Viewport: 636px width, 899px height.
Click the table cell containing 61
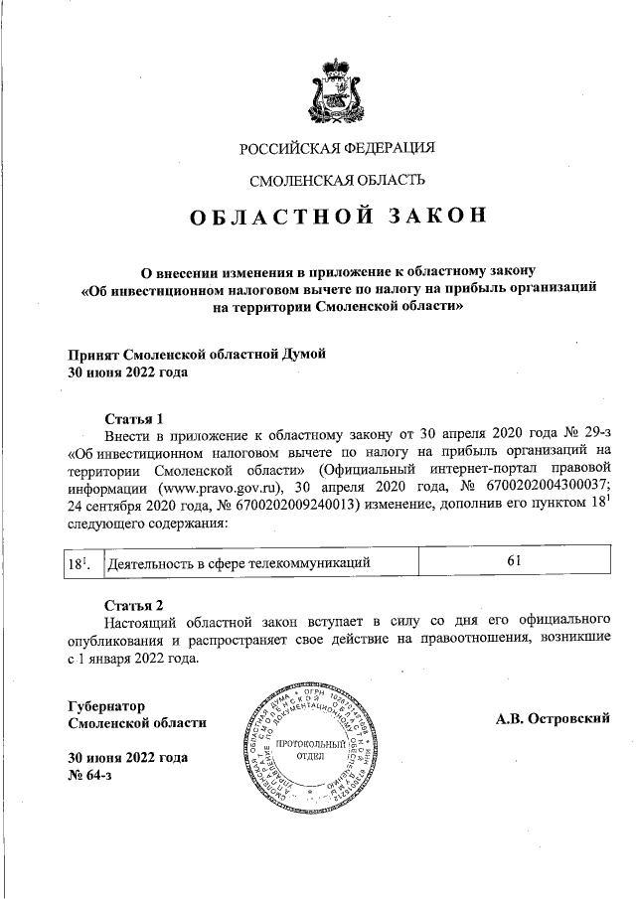514,562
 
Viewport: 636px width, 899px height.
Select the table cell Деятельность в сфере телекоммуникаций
238,563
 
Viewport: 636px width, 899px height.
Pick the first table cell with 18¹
79,563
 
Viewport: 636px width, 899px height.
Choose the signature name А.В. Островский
552,718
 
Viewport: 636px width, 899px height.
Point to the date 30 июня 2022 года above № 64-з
127,758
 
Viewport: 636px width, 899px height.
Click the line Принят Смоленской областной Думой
196,355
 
